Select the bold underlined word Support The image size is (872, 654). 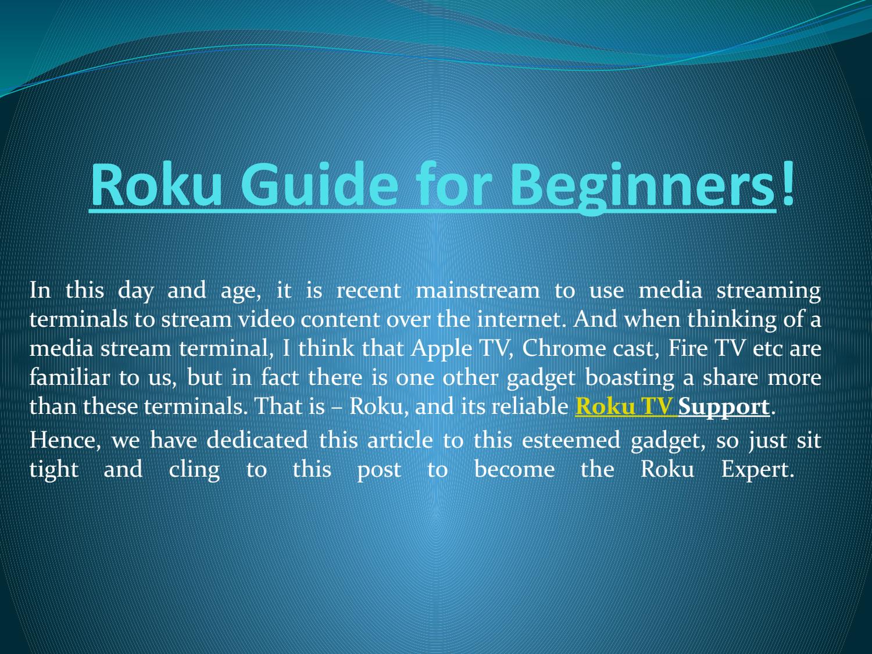point(724,406)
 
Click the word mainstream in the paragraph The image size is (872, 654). point(477,290)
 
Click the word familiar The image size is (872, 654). point(69,377)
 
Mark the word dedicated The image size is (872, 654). point(257,440)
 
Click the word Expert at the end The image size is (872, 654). point(757,469)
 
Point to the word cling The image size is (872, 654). point(194,469)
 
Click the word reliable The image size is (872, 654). point(529,406)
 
